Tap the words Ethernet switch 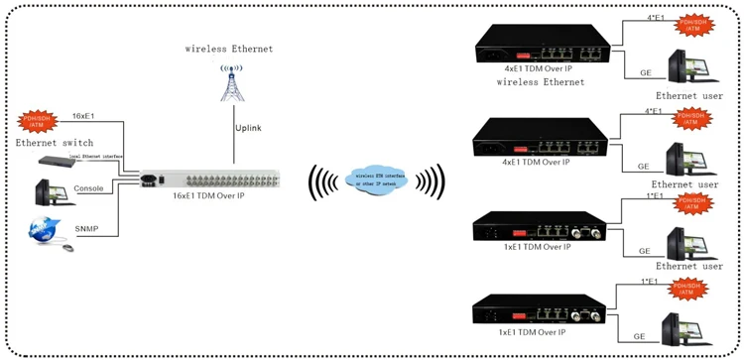(56, 143)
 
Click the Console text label (87, 188)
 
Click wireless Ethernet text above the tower (229, 48)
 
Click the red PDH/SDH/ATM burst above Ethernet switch (37, 122)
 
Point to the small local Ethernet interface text (95, 156)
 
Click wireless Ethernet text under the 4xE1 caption (541, 82)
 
